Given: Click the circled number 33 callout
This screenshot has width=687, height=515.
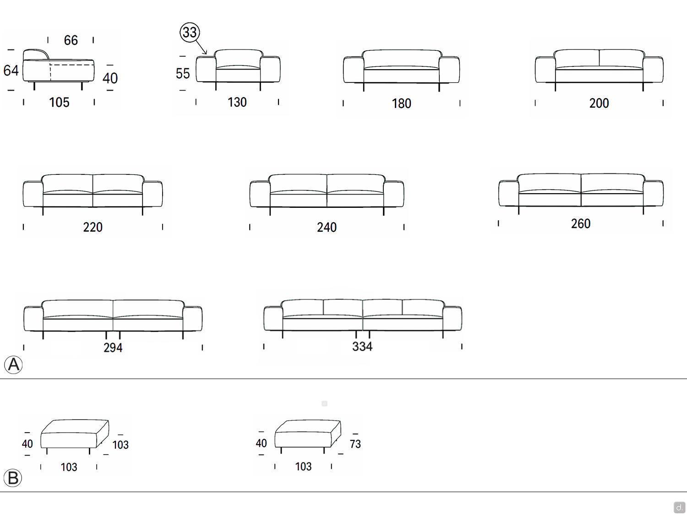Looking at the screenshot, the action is point(190,32).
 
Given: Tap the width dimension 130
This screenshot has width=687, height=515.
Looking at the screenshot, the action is point(237,102).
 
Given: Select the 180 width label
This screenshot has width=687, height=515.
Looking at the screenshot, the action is point(401,103).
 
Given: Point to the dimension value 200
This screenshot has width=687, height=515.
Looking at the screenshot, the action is point(599,103).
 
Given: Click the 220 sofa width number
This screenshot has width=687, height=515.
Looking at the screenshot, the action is point(93,227).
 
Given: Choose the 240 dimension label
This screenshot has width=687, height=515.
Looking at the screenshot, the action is point(327,228).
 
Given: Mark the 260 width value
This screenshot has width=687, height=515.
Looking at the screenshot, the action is point(581,223).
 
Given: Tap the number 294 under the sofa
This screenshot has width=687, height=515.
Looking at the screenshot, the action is point(113,347).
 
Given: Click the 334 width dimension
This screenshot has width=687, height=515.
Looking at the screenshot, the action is point(362,346).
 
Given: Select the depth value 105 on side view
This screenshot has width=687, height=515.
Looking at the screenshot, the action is point(59,102).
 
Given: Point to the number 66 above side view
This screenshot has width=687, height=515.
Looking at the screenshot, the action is point(71,40).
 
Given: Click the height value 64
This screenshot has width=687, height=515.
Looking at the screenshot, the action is point(11,70).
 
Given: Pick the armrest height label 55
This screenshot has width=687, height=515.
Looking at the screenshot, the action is point(182,74).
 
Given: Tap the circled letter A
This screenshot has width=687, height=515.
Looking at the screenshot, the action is point(13,364).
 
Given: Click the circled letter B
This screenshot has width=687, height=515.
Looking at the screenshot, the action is point(13,478).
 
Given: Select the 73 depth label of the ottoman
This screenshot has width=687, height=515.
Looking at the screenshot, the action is point(355,444).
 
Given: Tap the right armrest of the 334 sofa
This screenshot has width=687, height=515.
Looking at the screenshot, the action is point(452,318).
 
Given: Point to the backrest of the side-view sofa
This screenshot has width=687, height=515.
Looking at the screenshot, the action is point(35,54).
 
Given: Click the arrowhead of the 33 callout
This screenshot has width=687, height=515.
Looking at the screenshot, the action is point(205,53).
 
